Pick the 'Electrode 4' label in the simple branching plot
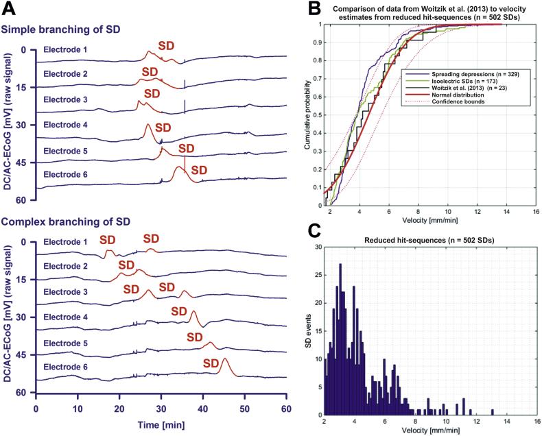(x=65, y=125)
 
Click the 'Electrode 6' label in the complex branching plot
(x=65, y=367)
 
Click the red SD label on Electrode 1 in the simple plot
(x=166, y=45)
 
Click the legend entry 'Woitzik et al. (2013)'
(x=461, y=88)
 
